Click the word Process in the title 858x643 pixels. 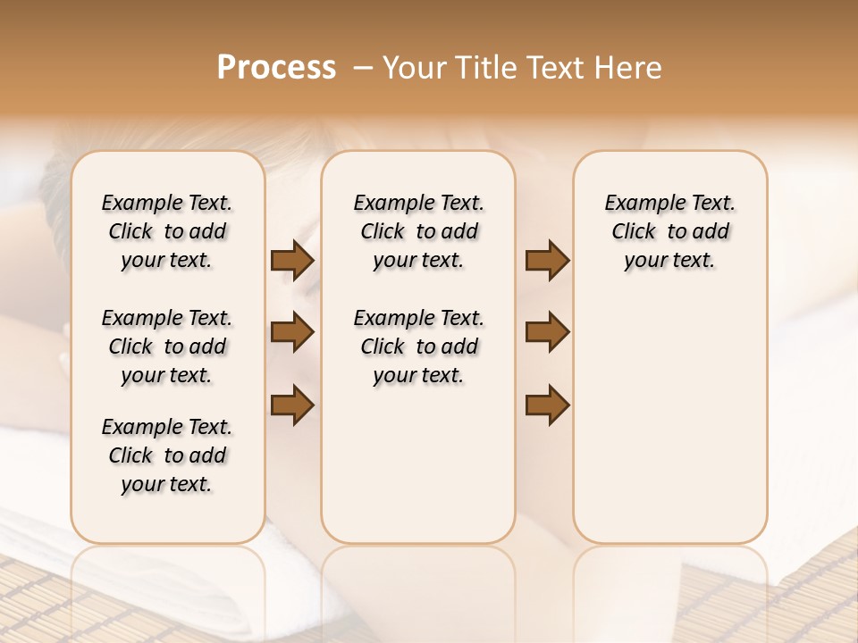[x=276, y=67]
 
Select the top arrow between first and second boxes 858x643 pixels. [x=291, y=261]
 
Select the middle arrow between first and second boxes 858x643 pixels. [x=291, y=332]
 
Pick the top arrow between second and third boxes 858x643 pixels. [x=547, y=261]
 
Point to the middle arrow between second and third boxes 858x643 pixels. [x=547, y=332]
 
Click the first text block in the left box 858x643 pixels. [x=167, y=231]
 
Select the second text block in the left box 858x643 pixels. [x=167, y=347]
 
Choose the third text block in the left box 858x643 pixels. [x=167, y=455]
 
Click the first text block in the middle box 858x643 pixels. [x=418, y=231]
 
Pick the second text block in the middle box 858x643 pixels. [x=418, y=347]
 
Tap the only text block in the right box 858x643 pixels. [x=669, y=231]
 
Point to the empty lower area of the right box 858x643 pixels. [x=669, y=420]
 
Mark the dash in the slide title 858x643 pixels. [x=363, y=68]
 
